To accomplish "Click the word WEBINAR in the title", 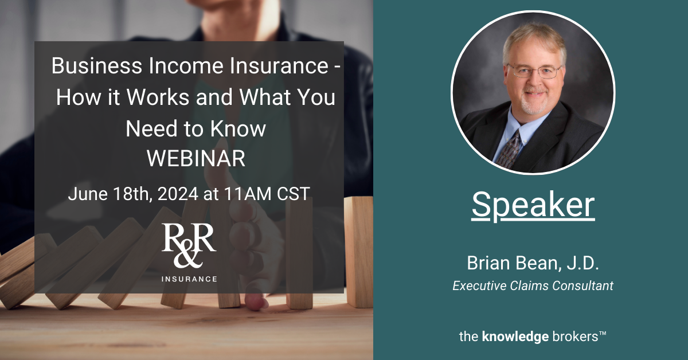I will point(196,159).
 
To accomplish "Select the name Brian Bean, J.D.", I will point(533,265).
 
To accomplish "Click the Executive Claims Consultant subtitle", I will point(533,285).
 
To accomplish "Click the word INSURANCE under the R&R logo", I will point(189,279).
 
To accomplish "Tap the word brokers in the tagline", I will point(573,337).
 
